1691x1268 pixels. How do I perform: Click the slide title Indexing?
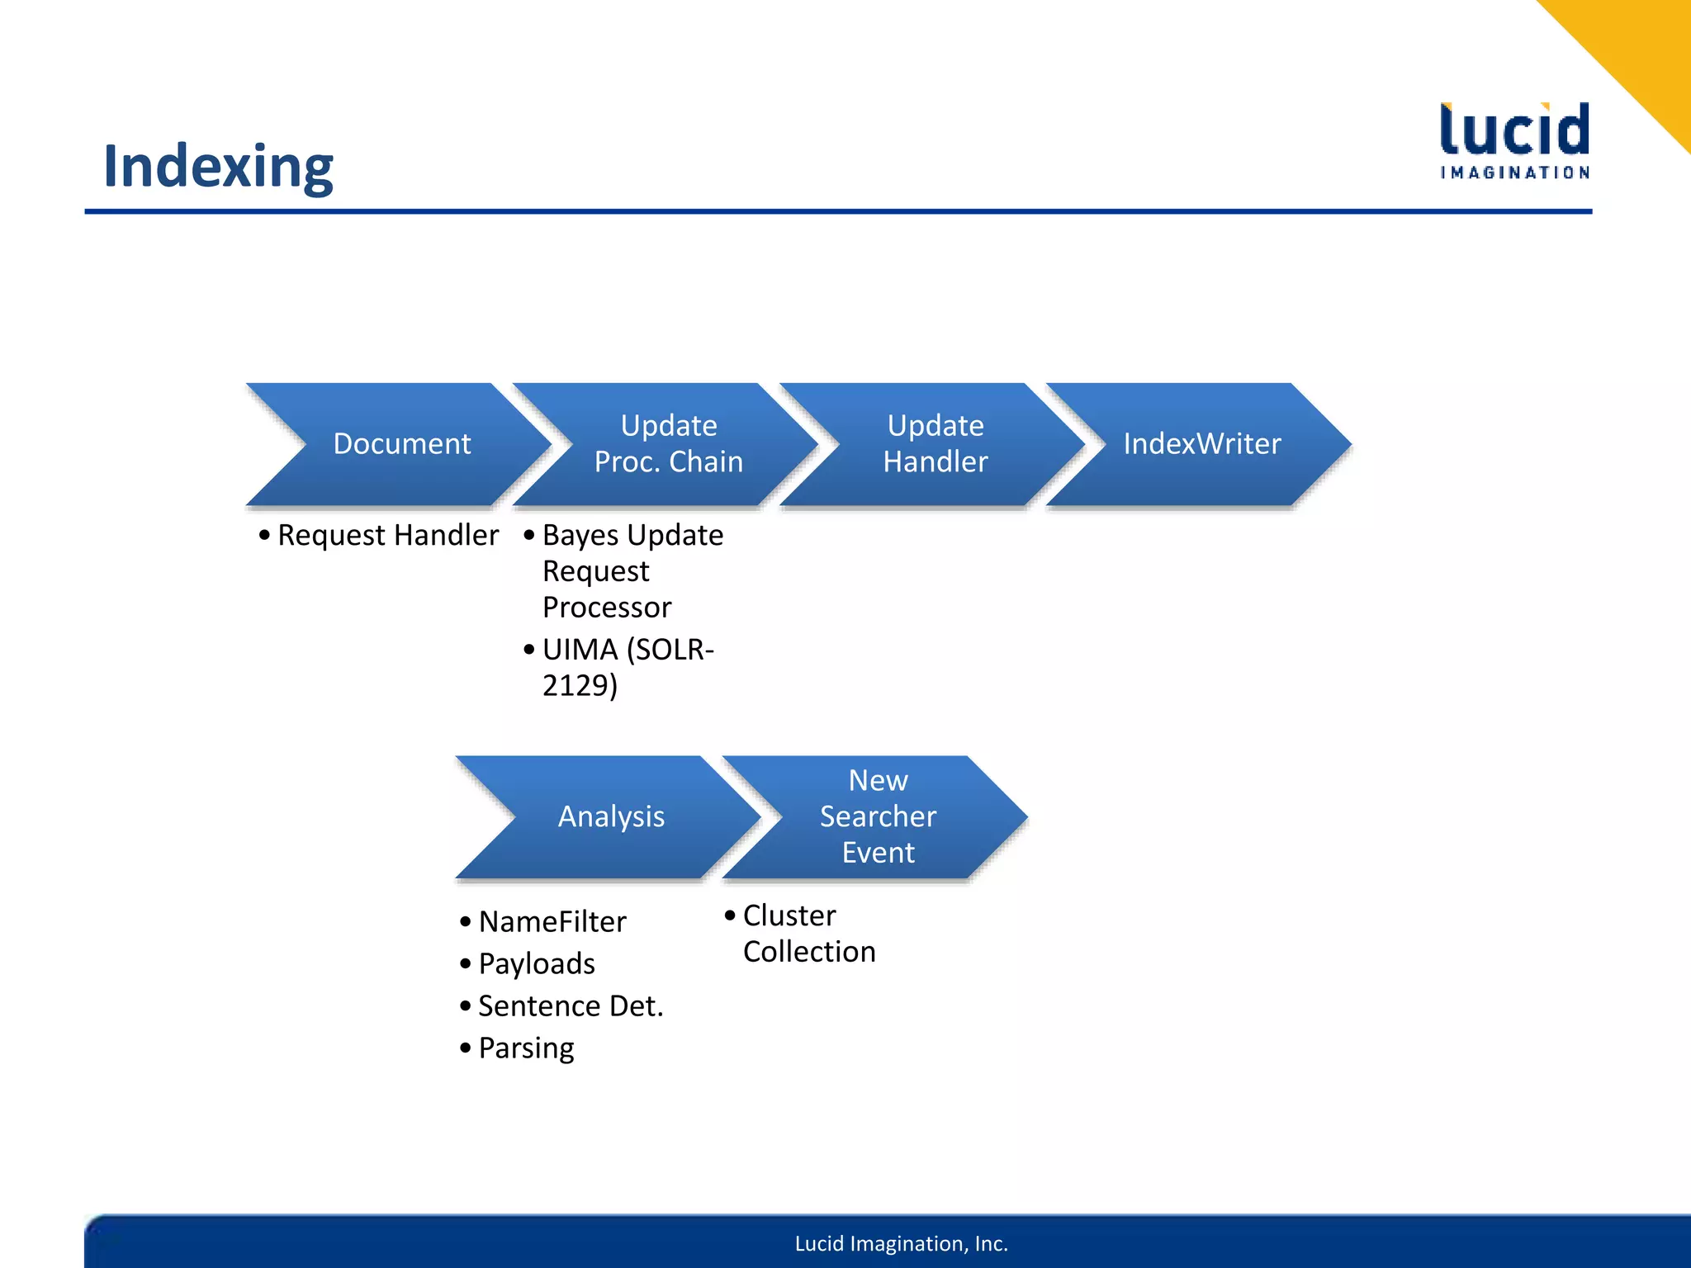pyautogui.click(x=218, y=166)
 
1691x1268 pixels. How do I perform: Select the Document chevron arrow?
pyautogui.click(x=401, y=444)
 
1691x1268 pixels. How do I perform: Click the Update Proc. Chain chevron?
pyautogui.click(x=669, y=444)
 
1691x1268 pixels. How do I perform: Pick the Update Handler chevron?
pyautogui.click(x=935, y=444)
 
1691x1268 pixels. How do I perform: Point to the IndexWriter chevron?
pyautogui.click(x=1201, y=444)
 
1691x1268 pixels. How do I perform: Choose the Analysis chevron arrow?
pyautogui.click(x=611, y=816)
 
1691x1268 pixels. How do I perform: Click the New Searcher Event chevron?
pyautogui.click(x=878, y=816)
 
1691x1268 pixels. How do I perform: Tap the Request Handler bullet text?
pyautogui.click(x=387, y=536)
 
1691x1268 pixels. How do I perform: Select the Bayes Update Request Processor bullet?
pyautogui.click(x=623, y=571)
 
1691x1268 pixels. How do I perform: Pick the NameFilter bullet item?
pyautogui.click(x=552, y=922)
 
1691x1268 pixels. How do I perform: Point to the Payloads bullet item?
pyautogui.click(x=537, y=964)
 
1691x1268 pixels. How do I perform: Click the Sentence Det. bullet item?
pyautogui.click(x=571, y=1006)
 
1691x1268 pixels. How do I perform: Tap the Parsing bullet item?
pyautogui.click(x=526, y=1048)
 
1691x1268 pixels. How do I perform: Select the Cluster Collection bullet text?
pyautogui.click(x=808, y=934)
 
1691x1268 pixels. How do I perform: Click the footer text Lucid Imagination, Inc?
pyautogui.click(x=901, y=1244)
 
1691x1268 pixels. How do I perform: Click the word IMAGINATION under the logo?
pyautogui.click(x=1514, y=173)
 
